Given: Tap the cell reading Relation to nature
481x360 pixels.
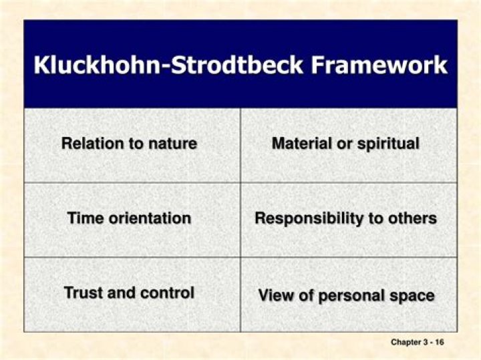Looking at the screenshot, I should pos(129,144).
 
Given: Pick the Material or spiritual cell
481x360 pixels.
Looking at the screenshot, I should pos(345,144).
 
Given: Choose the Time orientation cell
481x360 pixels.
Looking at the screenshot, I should pos(129,218).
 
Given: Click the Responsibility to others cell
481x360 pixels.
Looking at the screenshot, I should pos(345,218).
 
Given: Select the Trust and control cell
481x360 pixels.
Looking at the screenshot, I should pos(129,293).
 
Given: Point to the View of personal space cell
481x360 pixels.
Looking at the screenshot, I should pos(346,295).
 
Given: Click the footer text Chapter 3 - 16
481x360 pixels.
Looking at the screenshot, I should pos(418,343).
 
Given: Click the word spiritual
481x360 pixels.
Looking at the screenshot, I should pos(389,144).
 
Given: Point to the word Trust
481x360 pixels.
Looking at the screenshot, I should pos(81,293).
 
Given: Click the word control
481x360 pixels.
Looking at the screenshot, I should pos(170,293).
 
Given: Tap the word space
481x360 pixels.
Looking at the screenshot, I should pos(414,295).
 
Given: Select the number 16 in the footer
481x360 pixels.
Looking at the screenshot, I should pos(439,343).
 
